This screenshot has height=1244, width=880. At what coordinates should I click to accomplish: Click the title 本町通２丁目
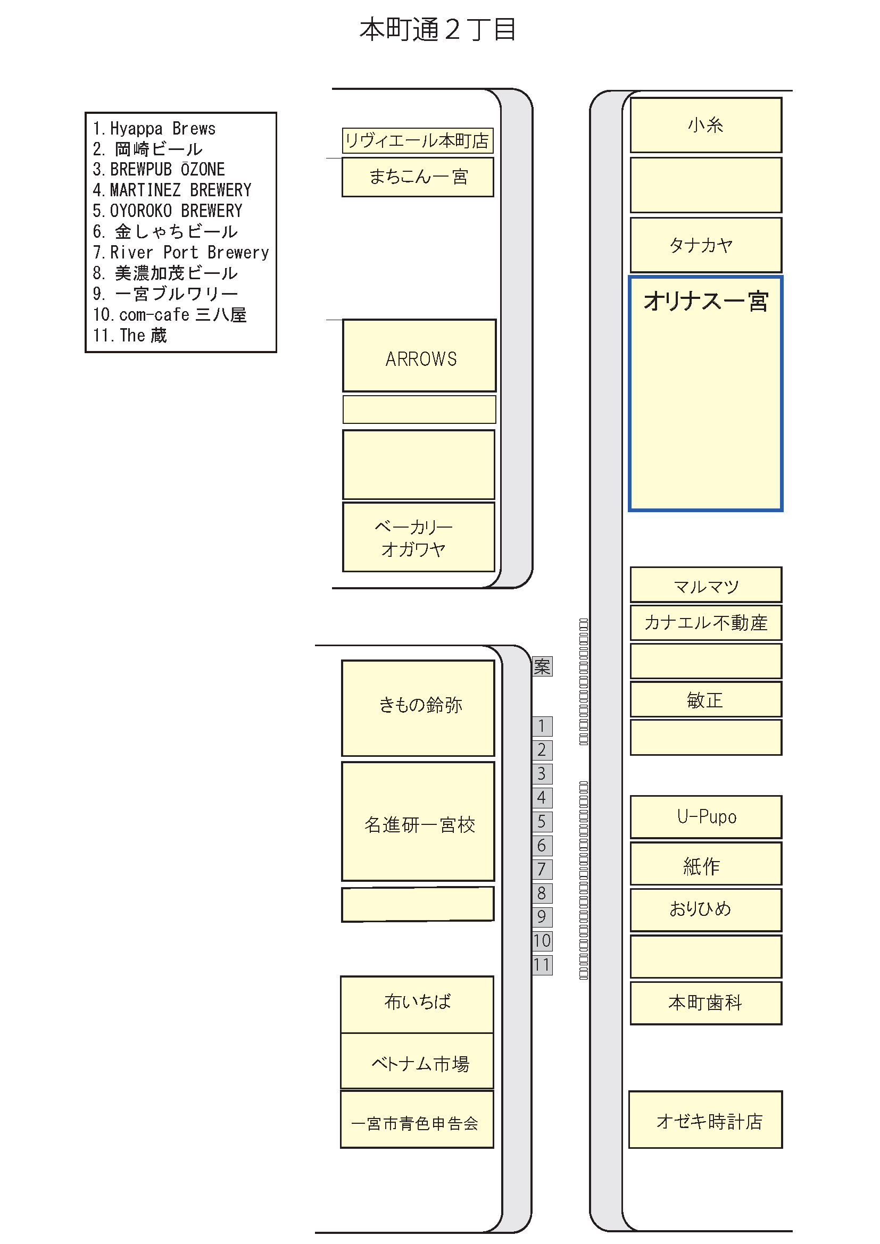tap(437, 30)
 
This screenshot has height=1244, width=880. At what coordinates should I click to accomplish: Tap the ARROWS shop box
tap(419, 355)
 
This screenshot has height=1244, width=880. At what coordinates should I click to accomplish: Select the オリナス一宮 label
tap(706, 301)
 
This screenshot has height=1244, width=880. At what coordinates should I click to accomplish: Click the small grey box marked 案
tap(542, 666)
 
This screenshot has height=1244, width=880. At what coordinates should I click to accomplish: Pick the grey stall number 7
tap(542, 869)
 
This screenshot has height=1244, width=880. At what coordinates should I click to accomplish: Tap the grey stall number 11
tap(542, 964)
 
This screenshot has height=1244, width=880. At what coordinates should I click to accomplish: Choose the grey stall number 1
tap(542, 726)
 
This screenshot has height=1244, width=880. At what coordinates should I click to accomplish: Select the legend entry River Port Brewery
tap(181, 253)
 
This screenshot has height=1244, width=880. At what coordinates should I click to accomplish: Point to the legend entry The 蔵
tap(130, 336)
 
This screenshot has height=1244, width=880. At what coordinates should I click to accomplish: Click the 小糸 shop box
tap(706, 125)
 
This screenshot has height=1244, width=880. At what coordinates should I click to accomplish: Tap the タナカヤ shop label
tap(701, 245)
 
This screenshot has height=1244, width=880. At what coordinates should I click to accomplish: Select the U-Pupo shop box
tap(706, 817)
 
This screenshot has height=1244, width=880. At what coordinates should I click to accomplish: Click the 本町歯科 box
tap(706, 1003)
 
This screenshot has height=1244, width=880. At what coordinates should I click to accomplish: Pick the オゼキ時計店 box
tap(705, 1120)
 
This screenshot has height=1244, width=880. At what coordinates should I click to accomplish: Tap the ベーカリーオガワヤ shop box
tap(419, 537)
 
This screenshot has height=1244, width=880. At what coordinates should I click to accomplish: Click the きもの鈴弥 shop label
tap(420, 705)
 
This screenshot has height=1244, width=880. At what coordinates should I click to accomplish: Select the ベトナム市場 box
tap(417, 1062)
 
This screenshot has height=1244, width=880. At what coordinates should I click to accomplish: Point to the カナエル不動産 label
tap(706, 623)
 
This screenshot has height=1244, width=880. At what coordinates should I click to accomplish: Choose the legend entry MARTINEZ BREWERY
tap(172, 190)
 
